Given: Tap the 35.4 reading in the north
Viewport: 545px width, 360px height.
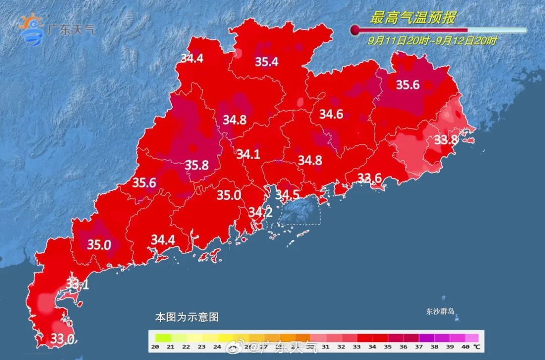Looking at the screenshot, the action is point(266,62).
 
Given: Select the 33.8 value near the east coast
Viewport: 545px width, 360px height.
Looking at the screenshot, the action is point(446,140).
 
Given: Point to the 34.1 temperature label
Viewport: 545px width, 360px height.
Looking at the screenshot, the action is point(248,154).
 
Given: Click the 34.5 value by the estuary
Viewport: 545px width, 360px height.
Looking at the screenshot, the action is point(287,194).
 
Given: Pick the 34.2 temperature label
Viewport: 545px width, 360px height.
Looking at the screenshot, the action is point(260,213).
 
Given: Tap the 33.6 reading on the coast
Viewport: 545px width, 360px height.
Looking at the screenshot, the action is point(369,178).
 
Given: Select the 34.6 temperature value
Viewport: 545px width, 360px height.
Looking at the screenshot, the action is point(331,114).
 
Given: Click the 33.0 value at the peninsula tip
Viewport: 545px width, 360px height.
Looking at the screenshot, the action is point(63,338).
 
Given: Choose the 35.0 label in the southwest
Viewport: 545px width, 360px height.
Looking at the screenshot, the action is point(99,245).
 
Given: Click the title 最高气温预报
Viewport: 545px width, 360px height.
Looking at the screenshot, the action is point(413,19).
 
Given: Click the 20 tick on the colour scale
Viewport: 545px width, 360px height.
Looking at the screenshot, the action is point(155,346).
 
